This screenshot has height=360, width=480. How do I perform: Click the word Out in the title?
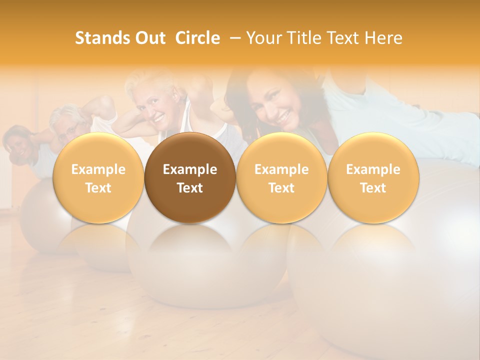(x=149, y=38)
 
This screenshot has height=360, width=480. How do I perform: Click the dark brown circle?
(x=190, y=178)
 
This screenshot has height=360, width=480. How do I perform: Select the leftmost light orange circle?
(x=98, y=178)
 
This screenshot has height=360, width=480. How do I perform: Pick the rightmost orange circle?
(x=373, y=178)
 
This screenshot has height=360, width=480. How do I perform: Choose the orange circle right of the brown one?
(x=281, y=178)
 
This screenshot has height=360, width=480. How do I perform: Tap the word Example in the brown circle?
(x=190, y=169)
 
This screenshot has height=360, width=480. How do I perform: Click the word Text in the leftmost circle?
(x=98, y=188)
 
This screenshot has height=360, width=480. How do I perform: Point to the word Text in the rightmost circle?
(x=373, y=188)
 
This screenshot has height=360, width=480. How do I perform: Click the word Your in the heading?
(x=262, y=38)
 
